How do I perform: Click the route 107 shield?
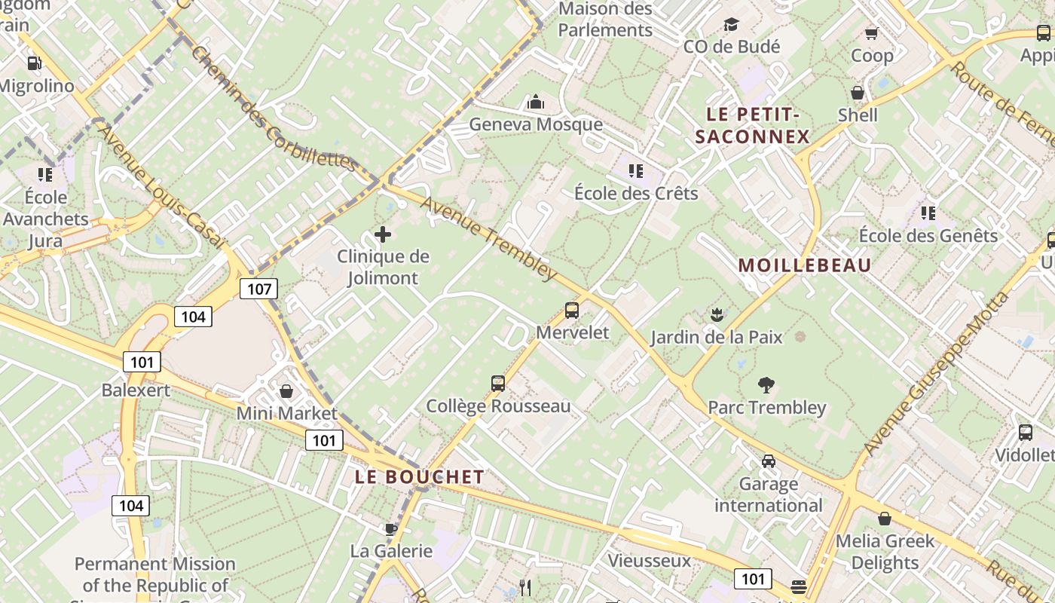click(x=258, y=289)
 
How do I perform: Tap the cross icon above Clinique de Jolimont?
click(x=383, y=234)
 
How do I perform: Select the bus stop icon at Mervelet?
click(x=572, y=311)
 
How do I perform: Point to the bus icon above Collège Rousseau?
click(x=497, y=383)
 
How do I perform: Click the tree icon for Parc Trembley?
click(x=766, y=385)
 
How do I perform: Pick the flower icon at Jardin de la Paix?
click(x=717, y=314)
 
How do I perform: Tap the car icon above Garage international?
click(x=768, y=461)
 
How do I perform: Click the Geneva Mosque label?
click(x=536, y=124)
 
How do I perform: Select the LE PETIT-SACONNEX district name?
click(x=752, y=126)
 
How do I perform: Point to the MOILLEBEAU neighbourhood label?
click(x=805, y=265)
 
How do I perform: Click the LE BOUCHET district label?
click(x=420, y=477)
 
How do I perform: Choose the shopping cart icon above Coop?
click(x=872, y=33)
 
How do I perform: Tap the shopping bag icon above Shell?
click(x=858, y=93)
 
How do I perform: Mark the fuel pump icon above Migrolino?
click(x=34, y=63)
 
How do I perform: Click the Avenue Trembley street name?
click(x=489, y=238)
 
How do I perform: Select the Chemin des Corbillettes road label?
click(x=272, y=109)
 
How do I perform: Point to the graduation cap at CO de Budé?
click(x=731, y=25)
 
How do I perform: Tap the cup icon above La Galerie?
click(x=390, y=529)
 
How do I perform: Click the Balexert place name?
click(x=136, y=390)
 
